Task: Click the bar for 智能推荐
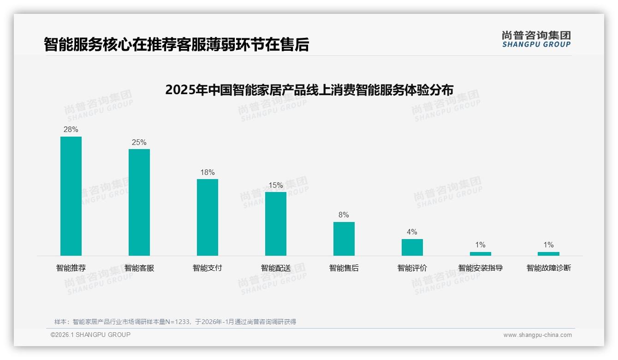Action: coord(71,196)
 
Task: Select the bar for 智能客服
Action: coord(139,202)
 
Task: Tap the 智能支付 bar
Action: coord(208,217)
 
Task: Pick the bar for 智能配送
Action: coord(276,224)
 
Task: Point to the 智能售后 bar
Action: coord(344,239)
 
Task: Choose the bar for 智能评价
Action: coord(412,247)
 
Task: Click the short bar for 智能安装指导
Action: coord(481,253)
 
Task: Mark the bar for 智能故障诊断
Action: coord(548,253)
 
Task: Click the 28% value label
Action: coord(71,130)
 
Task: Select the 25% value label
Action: coord(139,142)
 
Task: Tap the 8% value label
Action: coord(344,215)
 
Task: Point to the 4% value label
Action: coord(412,232)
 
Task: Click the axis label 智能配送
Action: coord(276,268)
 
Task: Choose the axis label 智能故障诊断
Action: coord(549,268)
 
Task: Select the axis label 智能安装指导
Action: coord(481,268)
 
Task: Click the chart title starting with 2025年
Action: coord(309,90)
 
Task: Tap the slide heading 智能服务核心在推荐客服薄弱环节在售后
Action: coord(176,44)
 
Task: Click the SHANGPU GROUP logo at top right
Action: coord(536,39)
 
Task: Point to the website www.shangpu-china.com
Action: coord(537,335)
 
